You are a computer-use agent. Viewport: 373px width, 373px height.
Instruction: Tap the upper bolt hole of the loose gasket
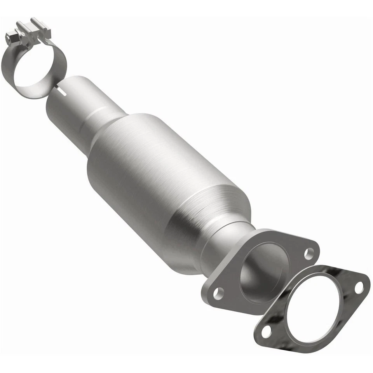[359, 287]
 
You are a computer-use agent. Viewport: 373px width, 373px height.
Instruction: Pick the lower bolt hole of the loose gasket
[267, 331]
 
